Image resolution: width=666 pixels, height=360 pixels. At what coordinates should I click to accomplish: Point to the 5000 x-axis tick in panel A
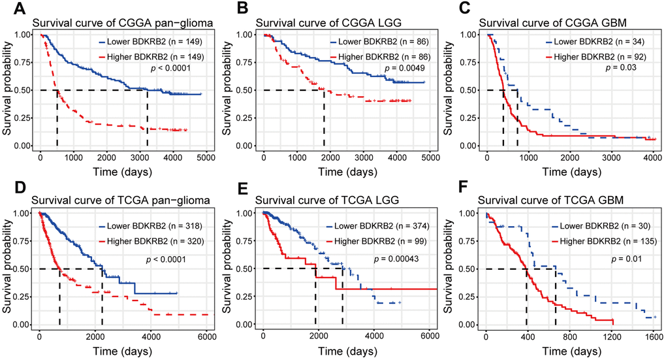(206, 158)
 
